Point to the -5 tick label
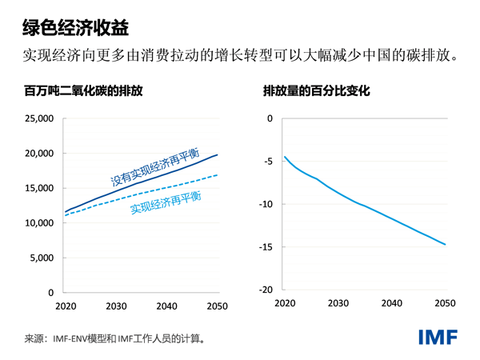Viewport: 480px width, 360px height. (x=267, y=162)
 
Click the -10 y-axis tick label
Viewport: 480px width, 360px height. (x=265, y=204)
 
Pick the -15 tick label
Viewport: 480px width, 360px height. (x=265, y=247)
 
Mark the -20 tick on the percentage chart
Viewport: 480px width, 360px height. (x=265, y=290)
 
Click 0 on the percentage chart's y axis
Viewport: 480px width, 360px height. (x=270, y=118)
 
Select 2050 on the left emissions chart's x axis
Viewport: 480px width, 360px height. (x=218, y=306)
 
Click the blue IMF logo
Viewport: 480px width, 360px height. (x=438, y=337)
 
